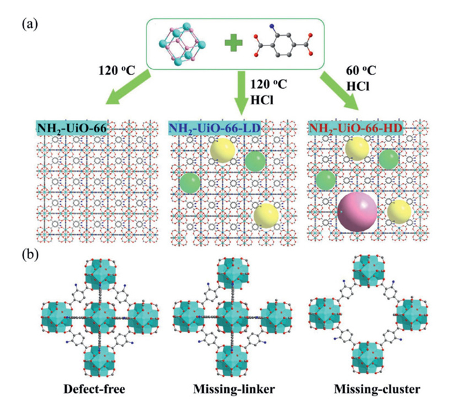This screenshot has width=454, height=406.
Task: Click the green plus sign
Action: pos(235,43)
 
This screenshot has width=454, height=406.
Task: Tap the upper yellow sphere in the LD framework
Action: pos(222,150)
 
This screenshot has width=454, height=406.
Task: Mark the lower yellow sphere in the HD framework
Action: pos(399,211)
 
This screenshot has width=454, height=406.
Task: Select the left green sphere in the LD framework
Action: pos(190,183)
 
